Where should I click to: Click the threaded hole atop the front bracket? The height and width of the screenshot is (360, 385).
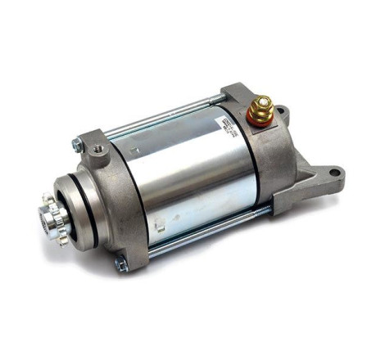(98, 149)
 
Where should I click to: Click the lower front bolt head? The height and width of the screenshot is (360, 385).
(120, 263)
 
